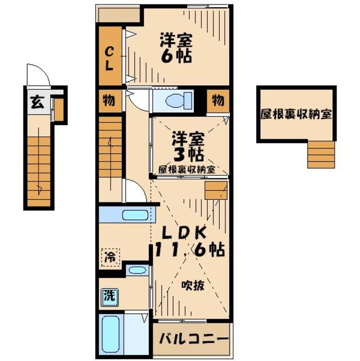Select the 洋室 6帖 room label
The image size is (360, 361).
pyautogui.click(x=176, y=49)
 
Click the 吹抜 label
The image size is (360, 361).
pyautogui.click(x=192, y=286)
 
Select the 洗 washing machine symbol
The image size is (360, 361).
pyautogui.click(x=108, y=294)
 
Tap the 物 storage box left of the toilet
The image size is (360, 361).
pyautogui.click(x=109, y=101)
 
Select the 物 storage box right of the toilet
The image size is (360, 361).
pyautogui.click(x=217, y=101)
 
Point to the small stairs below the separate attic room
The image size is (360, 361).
pyautogui.click(x=321, y=154)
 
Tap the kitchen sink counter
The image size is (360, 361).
pyautogui.click(x=125, y=215)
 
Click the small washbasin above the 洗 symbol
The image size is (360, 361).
pyautogui.click(x=137, y=269)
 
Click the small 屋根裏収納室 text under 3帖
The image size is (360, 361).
pyautogui.click(x=186, y=169)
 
